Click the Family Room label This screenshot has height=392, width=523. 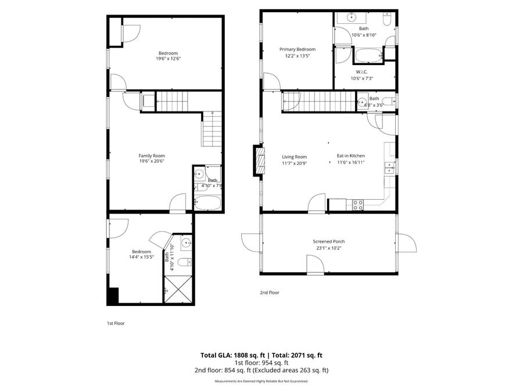pyautogui.click(x=152, y=156)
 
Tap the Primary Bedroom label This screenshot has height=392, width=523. pyautogui.click(x=298, y=49)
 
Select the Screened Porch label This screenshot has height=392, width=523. pyautogui.click(x=328, y=242)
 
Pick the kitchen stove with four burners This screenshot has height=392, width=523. pyautogui.click(x=358, y=204)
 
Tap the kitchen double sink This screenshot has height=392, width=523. pyautogui.click(x=389, y=168)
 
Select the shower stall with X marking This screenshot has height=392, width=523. pyautogui.click(x=177, y=289)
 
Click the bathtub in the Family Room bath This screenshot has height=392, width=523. pyautogui.click(x=207, y=203)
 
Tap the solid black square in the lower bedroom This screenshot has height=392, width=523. pyautogui.click(x=113, y=296)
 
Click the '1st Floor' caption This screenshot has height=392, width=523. pyautogui.click(x=116, y=323)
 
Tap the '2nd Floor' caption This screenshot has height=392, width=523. pyautogui.click(x=270, y=293)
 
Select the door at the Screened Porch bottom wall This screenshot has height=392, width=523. pyautogui.click(x=315, y=265)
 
